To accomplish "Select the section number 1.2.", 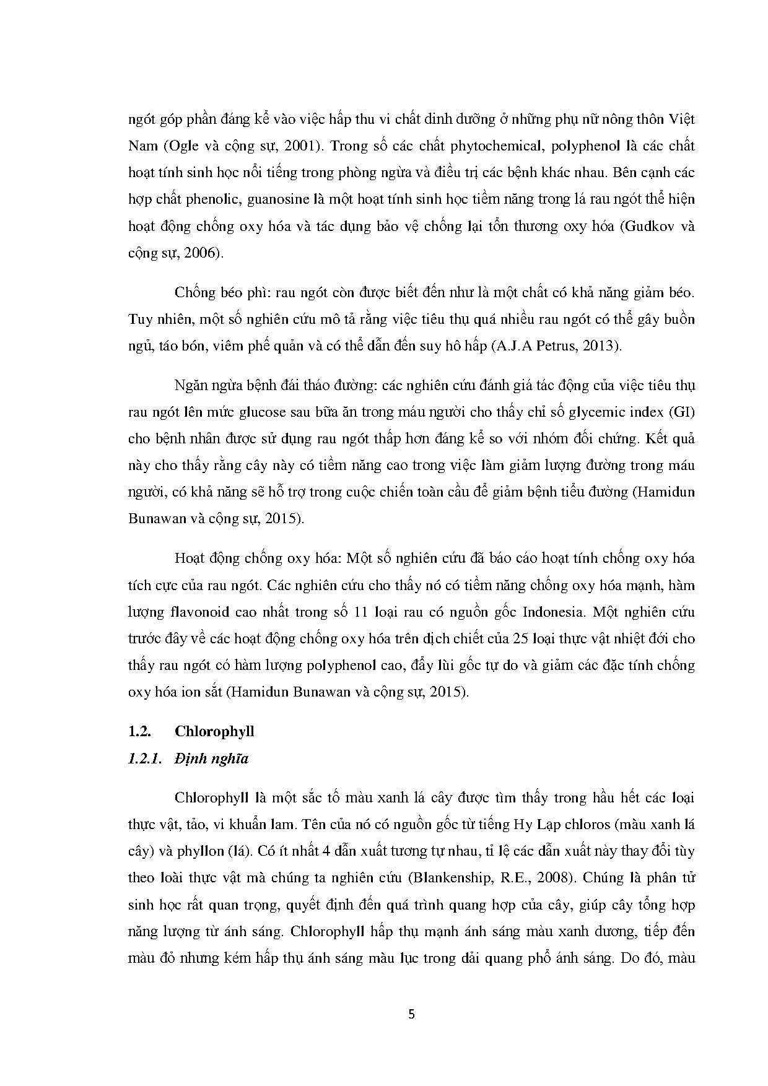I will click(x=140, y=731).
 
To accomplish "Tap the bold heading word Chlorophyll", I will click(x=214, y=731).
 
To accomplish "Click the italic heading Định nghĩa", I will click(x=211, y=758).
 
